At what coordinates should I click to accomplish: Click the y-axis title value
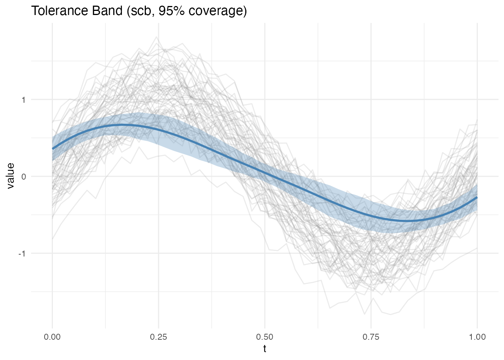pyautogui.click(x=10, y=175)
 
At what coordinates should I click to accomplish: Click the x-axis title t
pyautogui.click(x=265, y=349)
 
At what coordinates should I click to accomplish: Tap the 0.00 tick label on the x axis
pyautogui.click(x=52, y=337)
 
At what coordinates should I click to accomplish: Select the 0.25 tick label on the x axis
pyautogui.click(x=159, y=337)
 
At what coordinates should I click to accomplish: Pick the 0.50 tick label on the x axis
pyautogui.click(x=265, y=337)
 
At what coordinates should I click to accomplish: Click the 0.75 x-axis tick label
pyautogui.click(x=371, y=337)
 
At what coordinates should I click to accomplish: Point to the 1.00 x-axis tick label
pyautogui.click(x=477, y=337)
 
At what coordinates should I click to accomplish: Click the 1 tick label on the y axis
pyautogui.click(x=24, y=100)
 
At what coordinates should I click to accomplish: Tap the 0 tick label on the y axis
pyautogui.click(x=24, y=177)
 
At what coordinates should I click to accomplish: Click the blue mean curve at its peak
pyautogui.click(x=122, y=125)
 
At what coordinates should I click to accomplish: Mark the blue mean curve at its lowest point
pyautogui.click(x=411, y=221)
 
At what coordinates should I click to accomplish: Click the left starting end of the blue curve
pyautogui.click(x=53, y=148)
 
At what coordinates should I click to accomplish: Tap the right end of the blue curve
pyautogui.click(x=477, y=198)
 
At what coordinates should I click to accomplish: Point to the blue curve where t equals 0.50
pyautogui.click(x=265, y=173)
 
